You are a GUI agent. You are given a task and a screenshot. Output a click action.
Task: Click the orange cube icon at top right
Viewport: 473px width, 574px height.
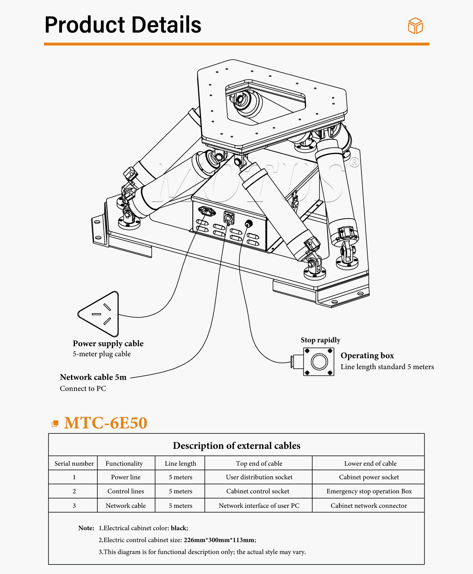pos(415,26)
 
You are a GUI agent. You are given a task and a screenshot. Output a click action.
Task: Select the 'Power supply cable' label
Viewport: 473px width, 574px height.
pos(108,344)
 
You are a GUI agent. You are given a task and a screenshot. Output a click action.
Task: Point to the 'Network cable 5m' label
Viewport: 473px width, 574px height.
pos(93,377)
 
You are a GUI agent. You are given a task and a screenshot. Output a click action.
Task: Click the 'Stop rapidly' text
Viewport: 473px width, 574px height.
pos(320,340)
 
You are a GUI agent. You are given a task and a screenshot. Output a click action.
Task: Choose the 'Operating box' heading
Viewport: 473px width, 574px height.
pos(367,355)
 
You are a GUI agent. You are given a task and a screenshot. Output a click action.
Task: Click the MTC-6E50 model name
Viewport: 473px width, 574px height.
pos(105,423)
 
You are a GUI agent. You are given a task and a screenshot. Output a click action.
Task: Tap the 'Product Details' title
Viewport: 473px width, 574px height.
pos(123,25)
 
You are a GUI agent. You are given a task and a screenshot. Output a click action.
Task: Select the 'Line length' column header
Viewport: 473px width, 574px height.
pos(180,463)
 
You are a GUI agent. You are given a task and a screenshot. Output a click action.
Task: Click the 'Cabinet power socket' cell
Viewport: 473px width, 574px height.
pos(369,477)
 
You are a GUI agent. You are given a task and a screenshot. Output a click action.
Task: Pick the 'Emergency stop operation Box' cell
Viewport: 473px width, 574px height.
pos(369,491)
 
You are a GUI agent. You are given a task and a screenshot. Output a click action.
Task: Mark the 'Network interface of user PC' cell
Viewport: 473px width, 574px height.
pos(259,505)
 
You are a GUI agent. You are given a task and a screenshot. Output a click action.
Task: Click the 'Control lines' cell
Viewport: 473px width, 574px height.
pos(126,491)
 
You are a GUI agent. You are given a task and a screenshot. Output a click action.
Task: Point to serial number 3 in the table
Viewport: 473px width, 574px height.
pos(74,505)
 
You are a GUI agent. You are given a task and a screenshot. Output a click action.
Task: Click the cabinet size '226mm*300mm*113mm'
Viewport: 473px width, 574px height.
pos(219,540)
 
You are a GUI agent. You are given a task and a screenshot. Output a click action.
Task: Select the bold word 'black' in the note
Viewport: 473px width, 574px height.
pos(179,528)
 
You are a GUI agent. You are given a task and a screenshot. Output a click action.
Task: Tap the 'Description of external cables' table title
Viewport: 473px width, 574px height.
pos(236,446)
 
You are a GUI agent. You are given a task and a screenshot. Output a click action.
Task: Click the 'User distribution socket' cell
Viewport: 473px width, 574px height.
pos(259,477)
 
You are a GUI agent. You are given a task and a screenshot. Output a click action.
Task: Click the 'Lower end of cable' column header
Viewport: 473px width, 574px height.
pos(370,463)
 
